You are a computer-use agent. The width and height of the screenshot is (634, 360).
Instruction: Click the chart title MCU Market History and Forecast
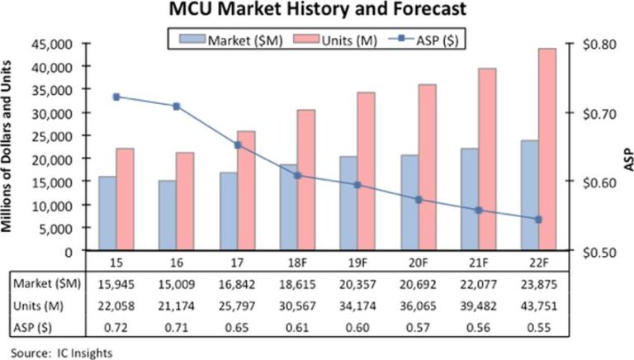pos(317,12)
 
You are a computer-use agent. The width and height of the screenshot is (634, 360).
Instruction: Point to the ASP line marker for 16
pos(176,107)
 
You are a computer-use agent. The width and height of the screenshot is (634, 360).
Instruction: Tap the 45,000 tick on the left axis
pos(56,43)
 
